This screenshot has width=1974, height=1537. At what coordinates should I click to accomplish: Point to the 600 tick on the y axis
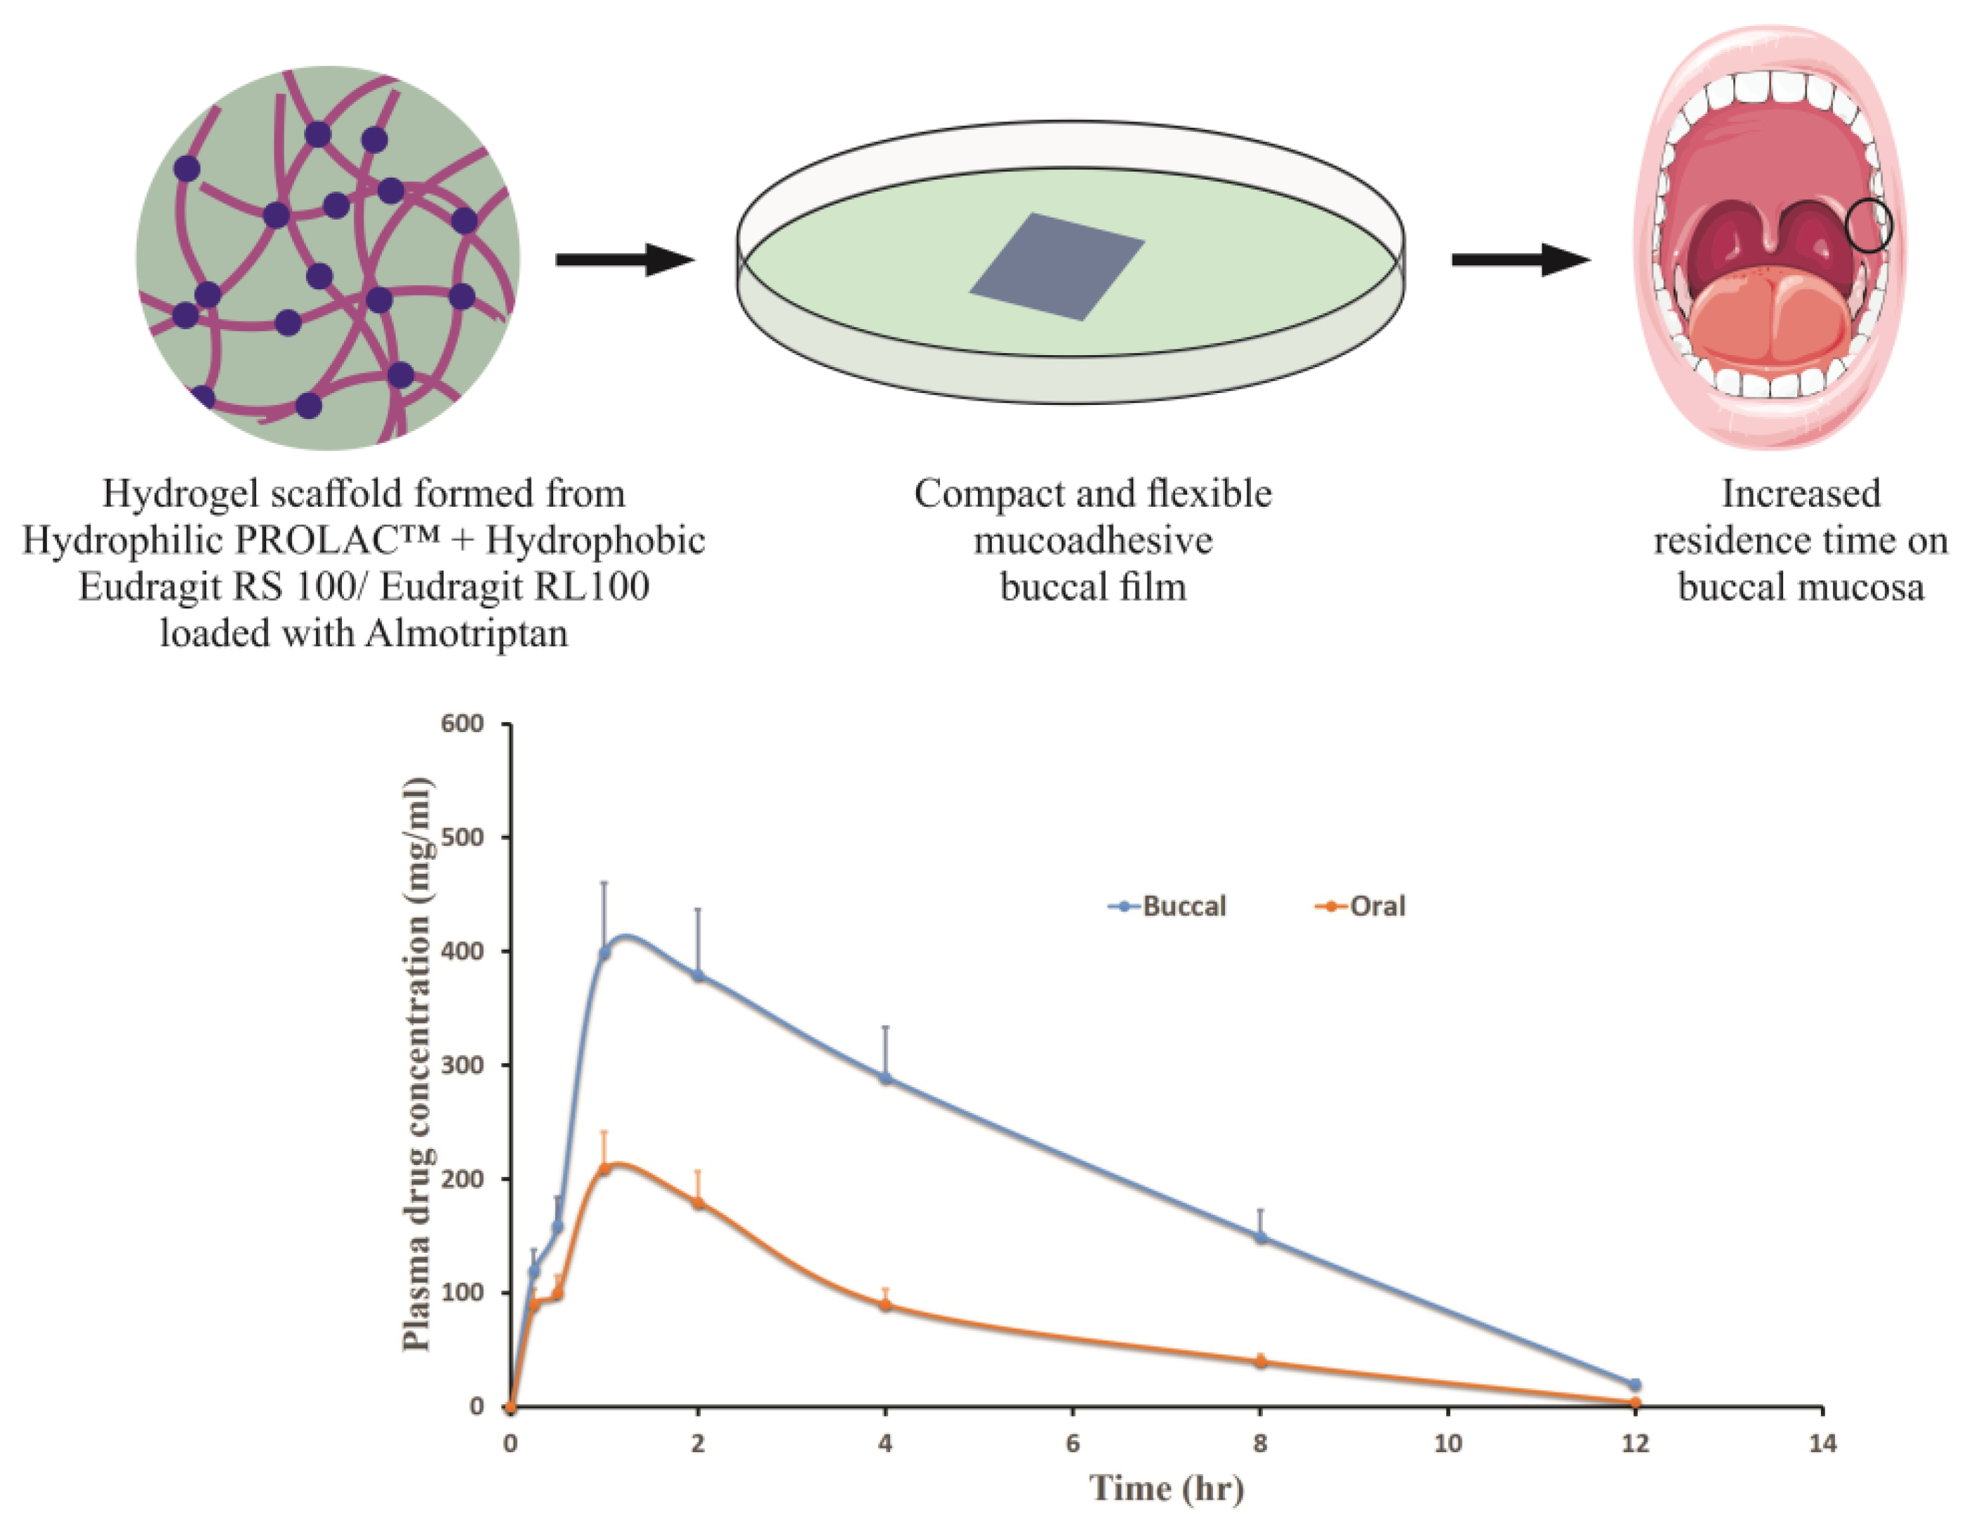pyautogui.click(x=463, y=724)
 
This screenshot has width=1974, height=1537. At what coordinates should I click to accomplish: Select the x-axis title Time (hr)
pyautogui.click(x=1166, y=1488)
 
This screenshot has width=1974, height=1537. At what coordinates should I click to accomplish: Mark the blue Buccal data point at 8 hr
pyautogui.click(x=1261, y=1237)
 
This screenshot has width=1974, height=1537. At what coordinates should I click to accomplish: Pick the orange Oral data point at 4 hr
pyautogui.click(x=886, y=1305)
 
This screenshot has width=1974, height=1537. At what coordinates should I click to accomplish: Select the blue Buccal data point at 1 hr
pyautogui.click(x=604, y=952)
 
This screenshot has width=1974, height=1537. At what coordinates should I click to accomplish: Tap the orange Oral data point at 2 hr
pyautogui.click(x=698, y=1203)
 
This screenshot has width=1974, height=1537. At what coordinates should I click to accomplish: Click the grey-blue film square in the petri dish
pyautogui.click(x=1057, y=267)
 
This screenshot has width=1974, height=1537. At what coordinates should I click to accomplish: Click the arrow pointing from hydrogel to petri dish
pyautogui.click(x=623, y=260)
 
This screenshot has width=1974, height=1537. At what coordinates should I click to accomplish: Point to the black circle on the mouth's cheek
pyautogui.click(x=1868, y=226)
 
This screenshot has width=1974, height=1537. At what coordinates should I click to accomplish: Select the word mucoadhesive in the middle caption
pyautogui.click(x=1093, y=541)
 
